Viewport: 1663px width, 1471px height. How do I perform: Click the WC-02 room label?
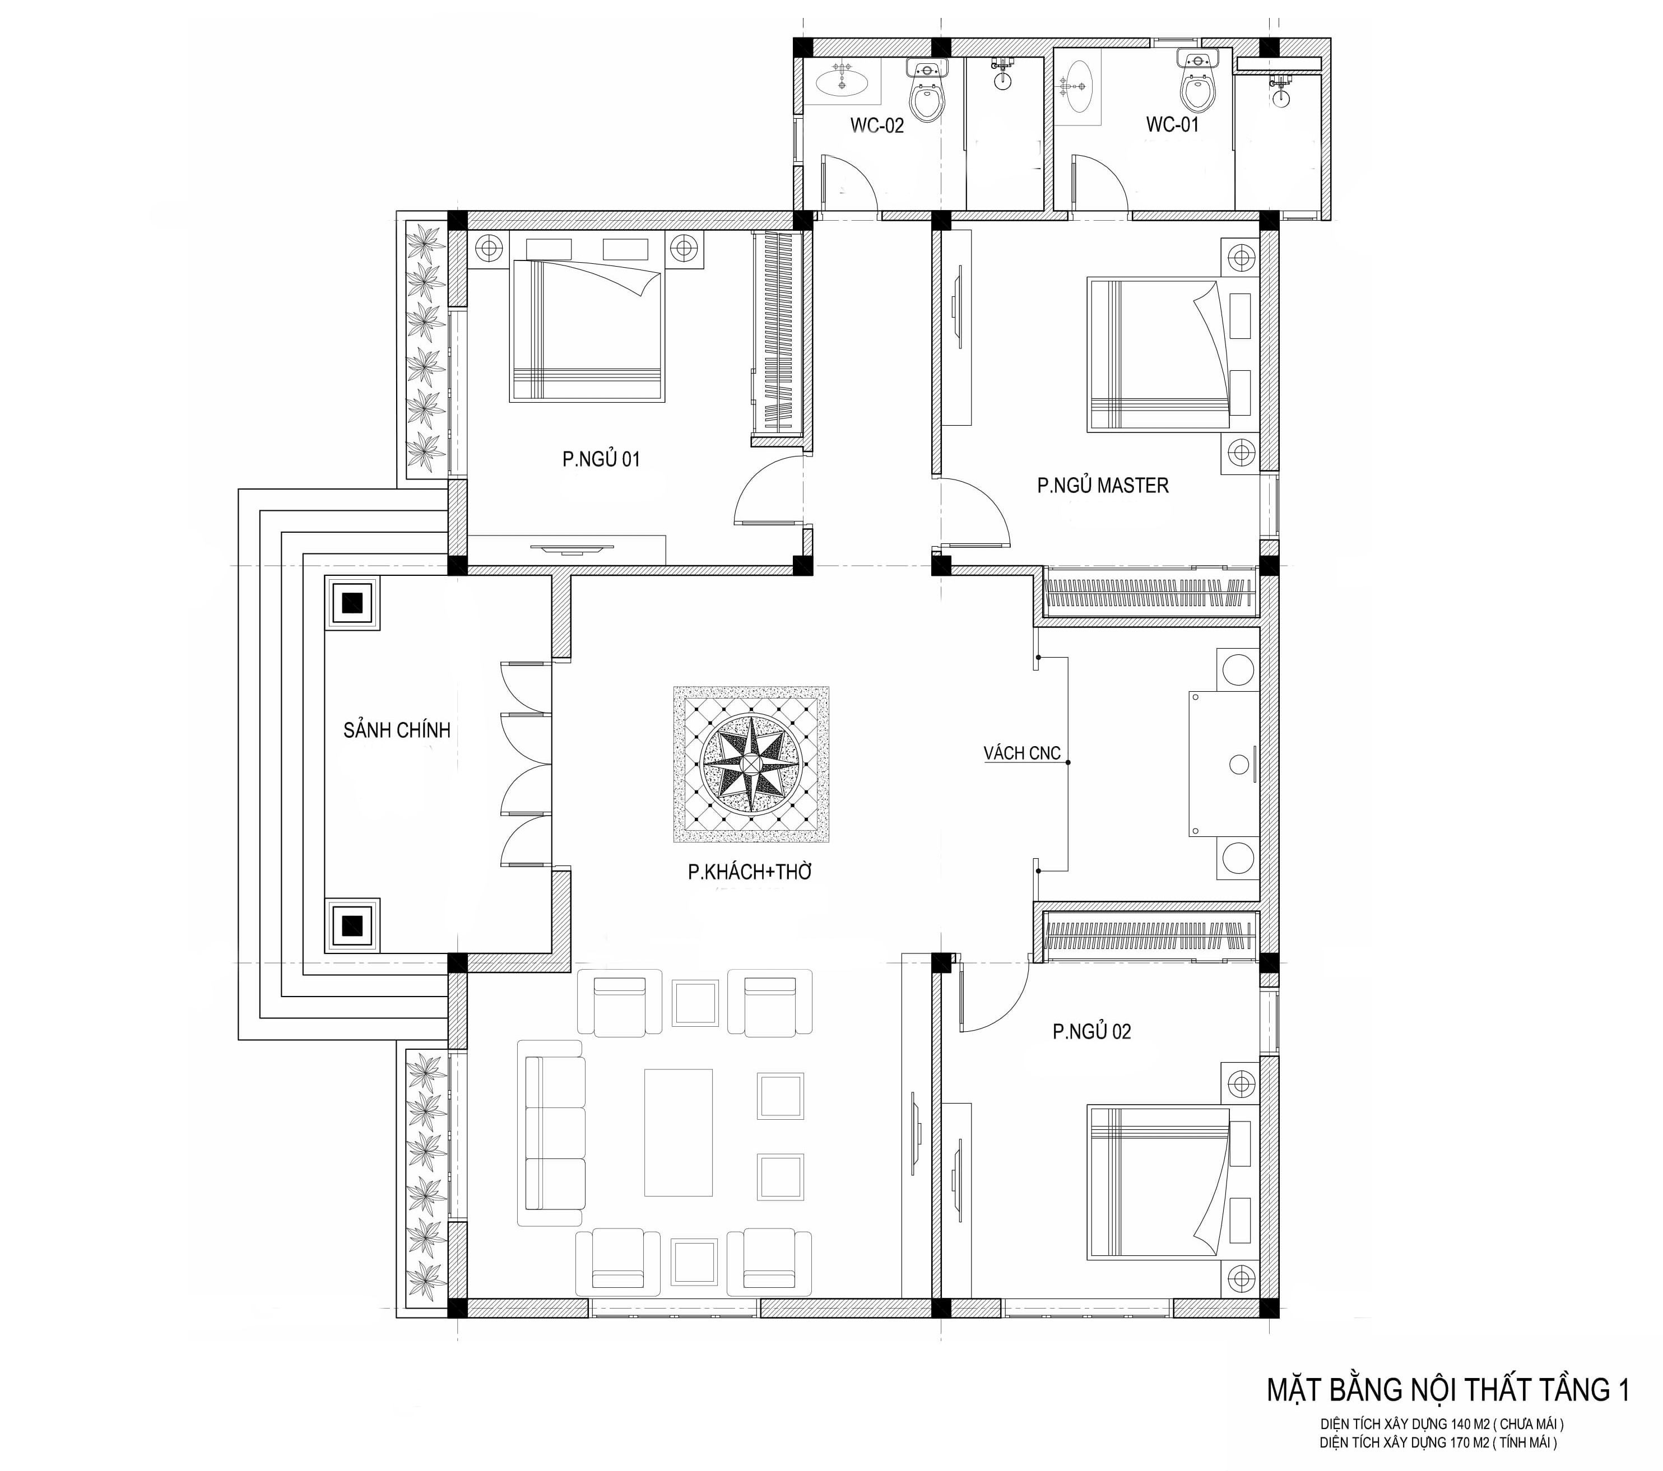(x=877, y=125)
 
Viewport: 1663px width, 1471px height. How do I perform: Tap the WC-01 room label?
(x=1172, y=124)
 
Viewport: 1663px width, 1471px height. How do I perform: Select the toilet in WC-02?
(x=927, y=90)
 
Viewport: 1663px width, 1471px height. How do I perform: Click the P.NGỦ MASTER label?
(x=1103, y=486)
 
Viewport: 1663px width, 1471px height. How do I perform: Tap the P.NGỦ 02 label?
(x=1092, y=1032)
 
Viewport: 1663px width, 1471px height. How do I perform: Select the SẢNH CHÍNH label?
(x=397, y=730)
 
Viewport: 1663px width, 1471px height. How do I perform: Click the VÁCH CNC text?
(x=1022, y=753)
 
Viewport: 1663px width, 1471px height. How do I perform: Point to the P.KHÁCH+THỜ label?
(x=750, y=872)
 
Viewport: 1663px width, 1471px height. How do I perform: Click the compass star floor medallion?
(x=751, y=764)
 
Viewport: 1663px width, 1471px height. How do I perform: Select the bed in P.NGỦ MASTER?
(x=1159, y=355)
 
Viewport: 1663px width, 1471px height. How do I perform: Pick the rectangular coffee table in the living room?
(x=679, y=1133)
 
